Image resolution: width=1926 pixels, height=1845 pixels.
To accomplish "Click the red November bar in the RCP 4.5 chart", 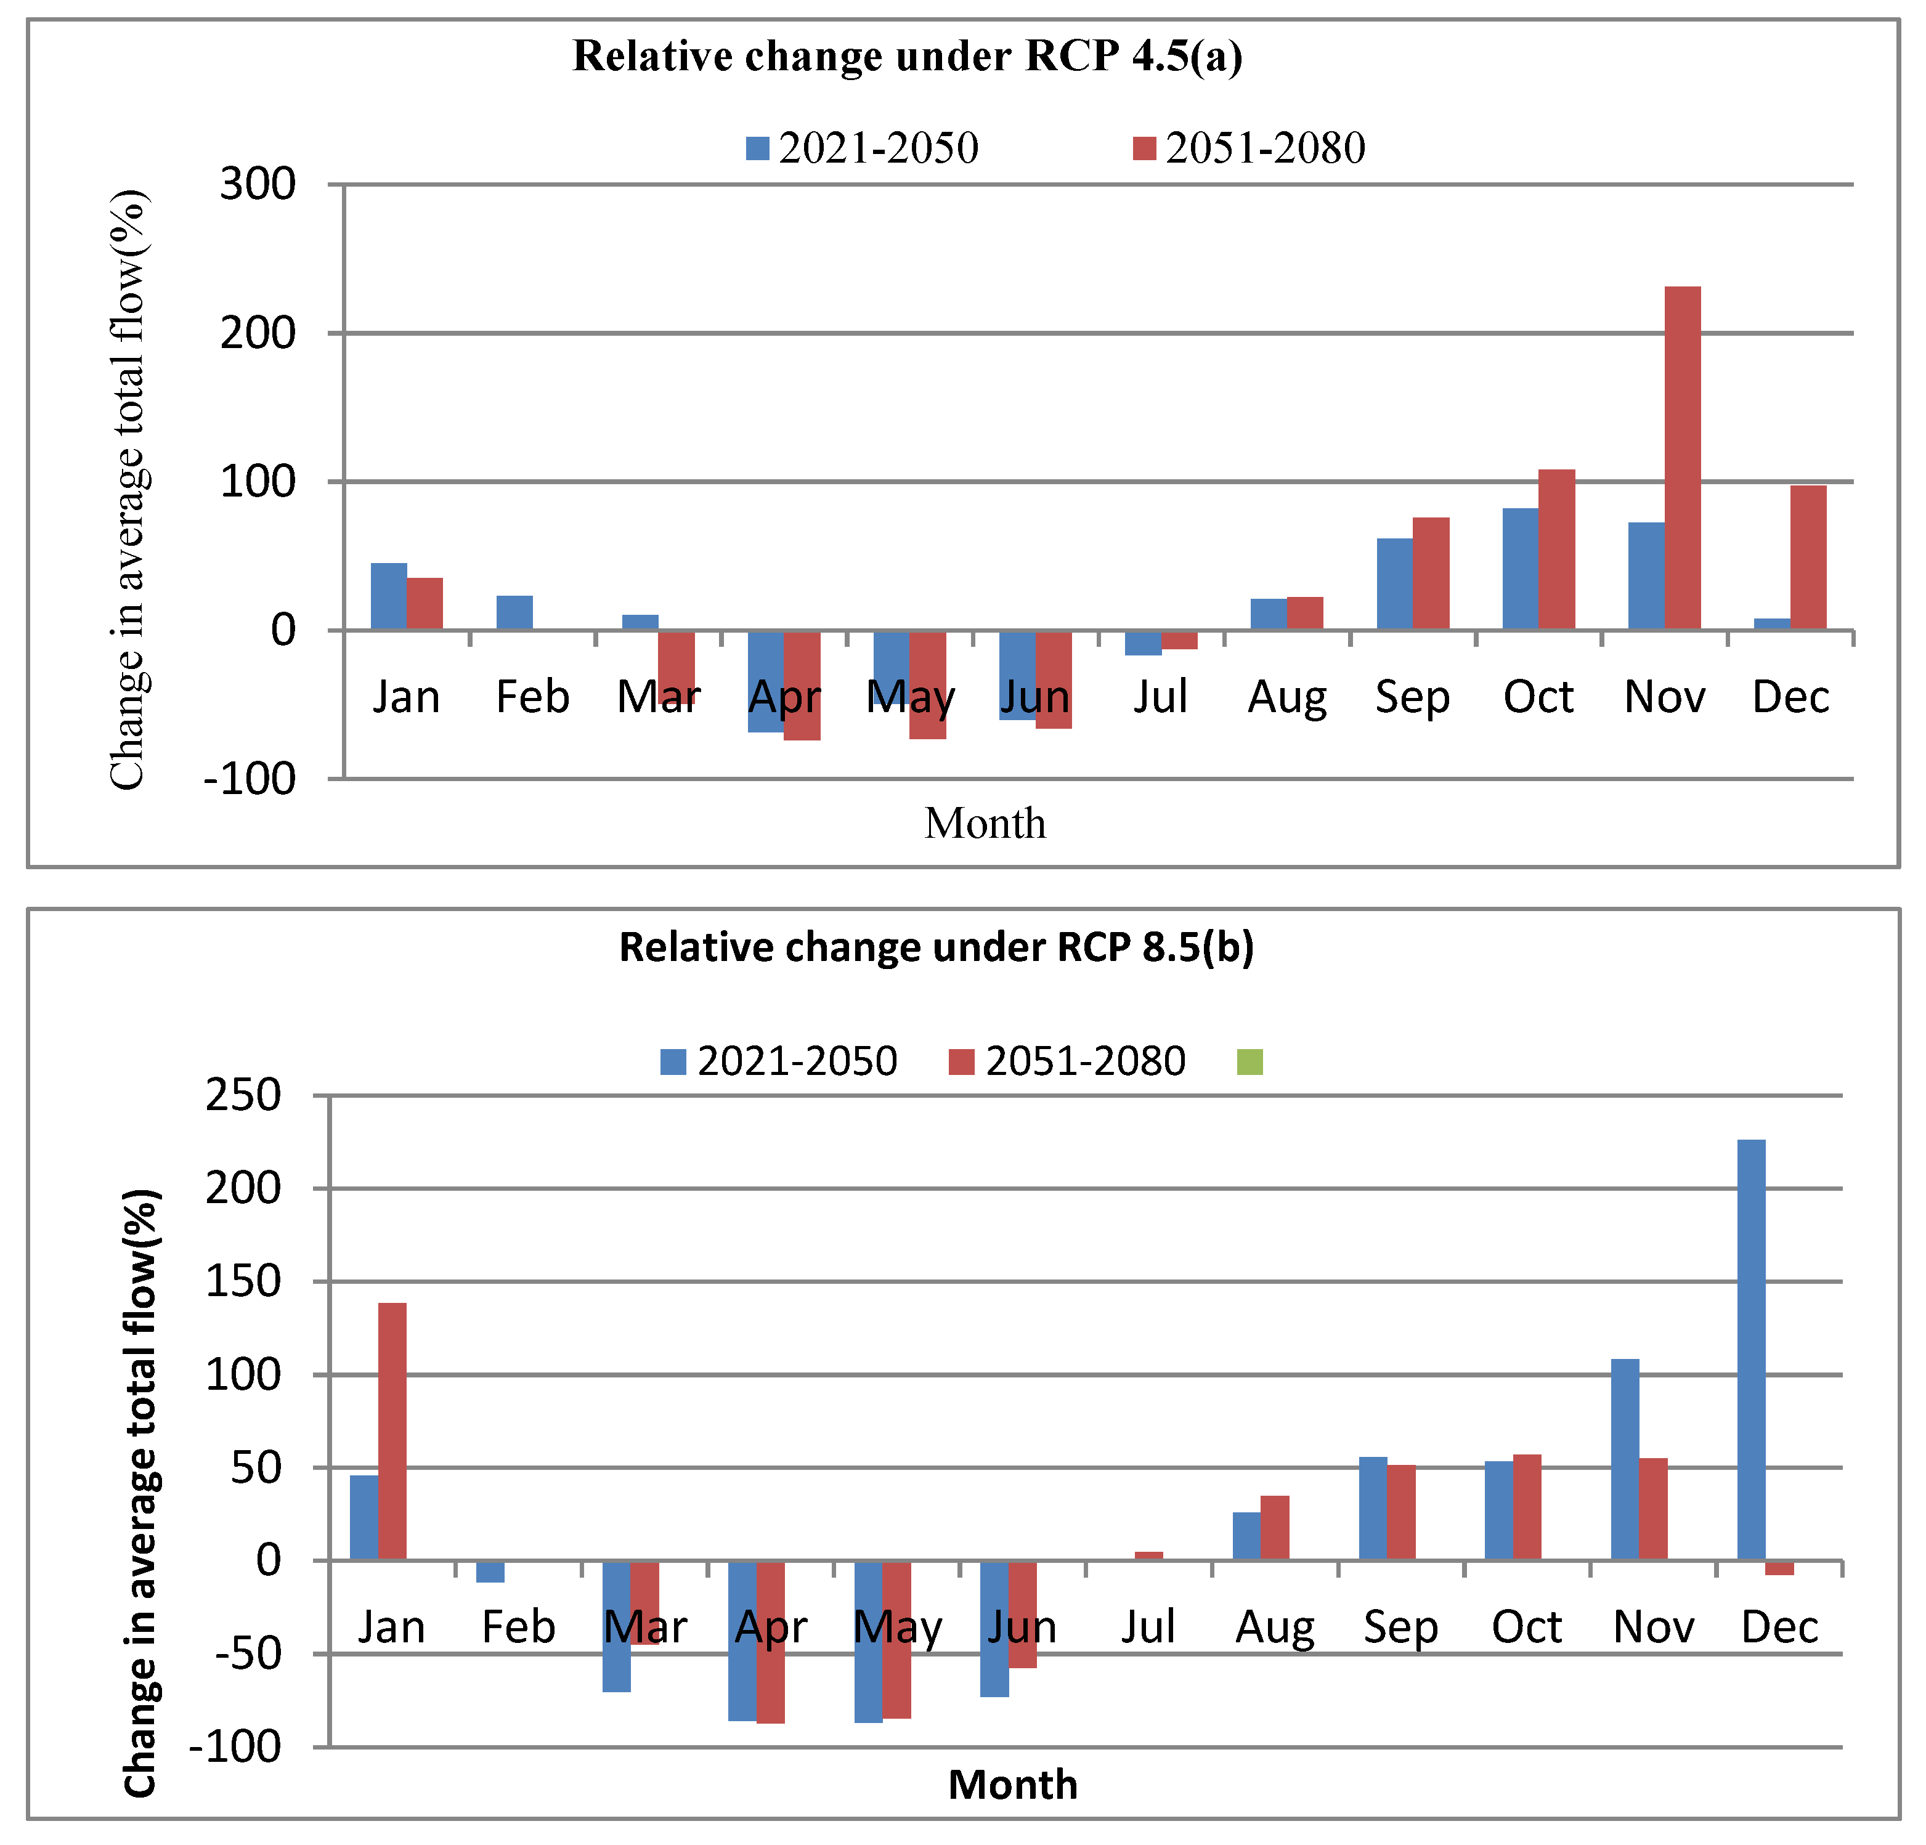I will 1682,458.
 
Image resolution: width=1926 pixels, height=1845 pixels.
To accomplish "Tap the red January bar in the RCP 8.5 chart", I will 392,1432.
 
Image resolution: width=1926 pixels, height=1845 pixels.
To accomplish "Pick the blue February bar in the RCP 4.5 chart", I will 514,612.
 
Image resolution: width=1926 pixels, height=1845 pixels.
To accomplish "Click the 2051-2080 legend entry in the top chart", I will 1249,148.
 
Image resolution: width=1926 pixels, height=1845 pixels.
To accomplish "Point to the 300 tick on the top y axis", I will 258,184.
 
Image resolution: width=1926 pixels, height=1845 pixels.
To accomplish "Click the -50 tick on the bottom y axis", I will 248,1655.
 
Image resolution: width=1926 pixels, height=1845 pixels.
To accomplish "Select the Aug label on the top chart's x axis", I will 1287,697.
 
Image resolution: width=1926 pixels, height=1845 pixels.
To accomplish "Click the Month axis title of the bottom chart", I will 1012,1784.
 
